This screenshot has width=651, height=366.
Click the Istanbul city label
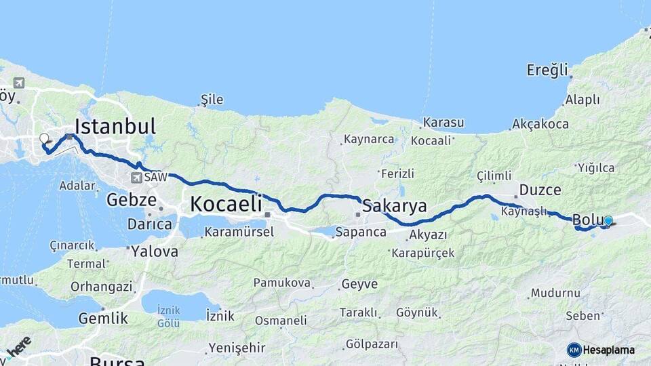click(x=115, y=126)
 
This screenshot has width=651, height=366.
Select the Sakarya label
click(x=395, y=205)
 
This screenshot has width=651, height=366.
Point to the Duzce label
click(x=540, y=190)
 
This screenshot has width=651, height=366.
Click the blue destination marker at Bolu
click(x=608, y=221)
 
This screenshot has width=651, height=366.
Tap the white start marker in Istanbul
click(x=44, y=138)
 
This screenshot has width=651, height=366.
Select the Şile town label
click(x=212, y=100)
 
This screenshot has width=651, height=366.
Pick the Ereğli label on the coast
click(x=547, y=70)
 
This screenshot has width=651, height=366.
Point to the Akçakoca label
click(x=540, y=125)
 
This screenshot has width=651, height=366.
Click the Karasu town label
click(x=443, y=123)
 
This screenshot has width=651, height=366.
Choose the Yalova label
click(x=155, y=251)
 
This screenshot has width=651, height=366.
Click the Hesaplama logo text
click(x=609, y=350)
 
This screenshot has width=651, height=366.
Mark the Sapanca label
click(x=362, y=232)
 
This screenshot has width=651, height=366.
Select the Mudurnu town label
click(x=555, y=293)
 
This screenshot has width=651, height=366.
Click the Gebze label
click(x=132, y=200)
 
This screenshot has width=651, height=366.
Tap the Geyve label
click(x=359, y=284)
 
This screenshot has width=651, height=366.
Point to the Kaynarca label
click(x=369, y=139)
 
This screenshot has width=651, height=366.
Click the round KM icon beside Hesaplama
click(x=574, y=350)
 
